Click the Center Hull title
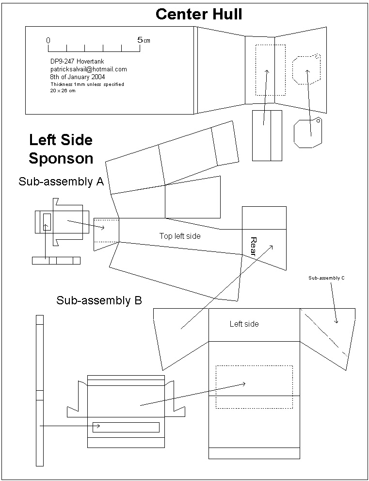tap(199, 14)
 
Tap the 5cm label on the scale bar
tap(144, 40)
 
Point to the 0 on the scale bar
tap(48, 40)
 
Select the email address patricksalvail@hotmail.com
tap(88, 69)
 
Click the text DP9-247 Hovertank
tap(77, 62)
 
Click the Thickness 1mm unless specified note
tap(87, 84)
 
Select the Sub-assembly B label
tap(99, 300)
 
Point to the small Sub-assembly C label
tap(326, 278)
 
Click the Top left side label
tap(180, 236)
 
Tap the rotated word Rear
tap(253, 246)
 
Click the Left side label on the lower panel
tap(244, 324)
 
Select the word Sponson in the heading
tap(61, 158)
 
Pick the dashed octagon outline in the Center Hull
tap(306, 70)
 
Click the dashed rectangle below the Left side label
tap(254, 387)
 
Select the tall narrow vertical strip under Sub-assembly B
tap(40, 390)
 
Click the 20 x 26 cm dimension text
tap(63, 91)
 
